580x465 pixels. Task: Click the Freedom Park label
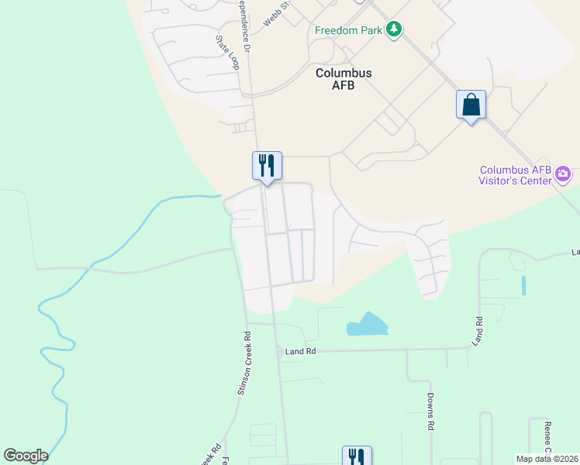click(x=349, y=31)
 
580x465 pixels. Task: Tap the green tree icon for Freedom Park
click(x=395, y=29)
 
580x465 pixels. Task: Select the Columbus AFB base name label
click(x=344, y=79)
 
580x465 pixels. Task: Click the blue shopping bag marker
click(x=471, y=105)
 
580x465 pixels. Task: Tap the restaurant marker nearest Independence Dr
click(x=267, y=166)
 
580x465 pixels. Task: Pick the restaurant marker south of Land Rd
click(x=357, y=457)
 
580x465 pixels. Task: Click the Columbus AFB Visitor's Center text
click(x=516, y=175)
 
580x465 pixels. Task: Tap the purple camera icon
click(x=564, y=174)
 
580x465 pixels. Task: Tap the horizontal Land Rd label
click(x=301, y=351)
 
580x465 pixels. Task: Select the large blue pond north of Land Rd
click(x=366, y=325)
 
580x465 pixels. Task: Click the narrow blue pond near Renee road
click(x=523, y=285)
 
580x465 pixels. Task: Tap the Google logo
click(x=26, y=456)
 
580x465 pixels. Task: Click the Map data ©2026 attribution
click(x=547, y=459)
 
